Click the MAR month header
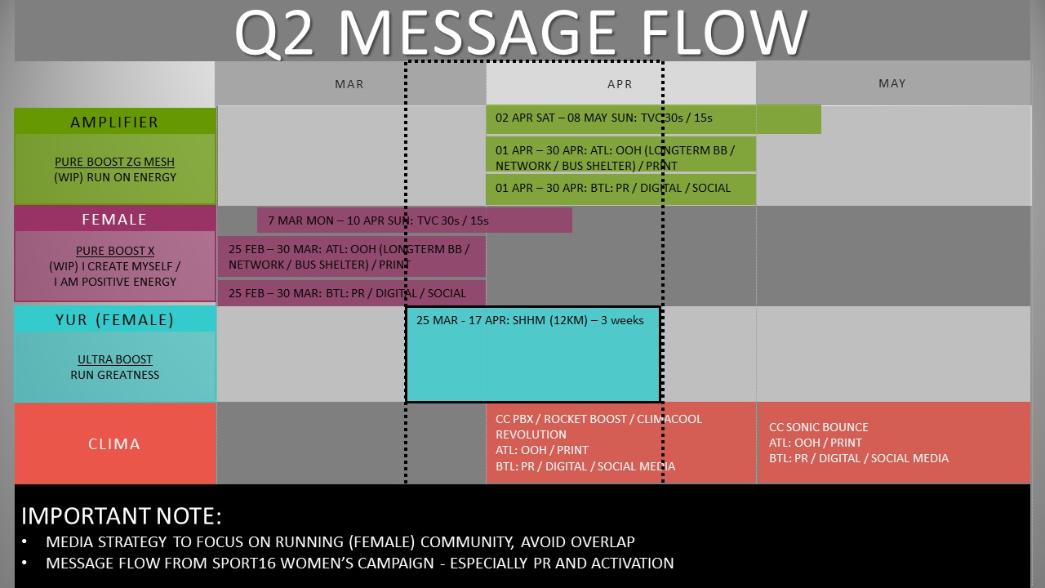coord(349,84)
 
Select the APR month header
coord(620,84)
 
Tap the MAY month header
coord(892,83)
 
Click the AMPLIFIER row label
coord(114,122)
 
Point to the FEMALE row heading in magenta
coord(114,220)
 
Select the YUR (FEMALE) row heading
coord(114,319)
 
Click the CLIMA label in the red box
coord(114,443)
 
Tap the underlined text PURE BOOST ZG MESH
coord(115,162)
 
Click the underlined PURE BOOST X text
coord(115,251)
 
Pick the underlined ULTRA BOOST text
coord(115,359)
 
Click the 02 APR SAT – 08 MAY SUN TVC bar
coord(653,119)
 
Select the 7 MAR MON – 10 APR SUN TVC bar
coord(414,220)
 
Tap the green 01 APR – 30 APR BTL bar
coord(620,189)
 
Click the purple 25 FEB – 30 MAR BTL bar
coord(352,293)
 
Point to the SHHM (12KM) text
coord(550,320)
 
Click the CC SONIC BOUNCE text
coord(819,427)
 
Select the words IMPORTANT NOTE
coord(122,516)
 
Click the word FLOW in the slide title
coord(724,32)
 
